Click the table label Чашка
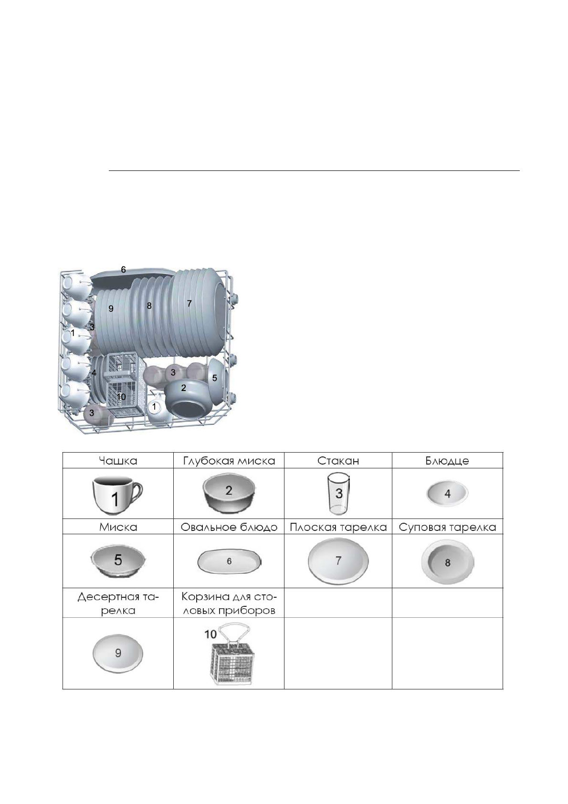click(x=118, y=461)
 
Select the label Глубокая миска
click(x=229, y=461)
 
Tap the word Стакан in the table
click(x=338, y=461)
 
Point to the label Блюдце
click(x=447, y=461)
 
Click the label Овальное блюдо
click(x=229, y=527)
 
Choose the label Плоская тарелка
click(x=338, y=527)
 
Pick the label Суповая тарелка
click(x=447, y=527)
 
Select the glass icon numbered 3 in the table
click(x=338, y=494)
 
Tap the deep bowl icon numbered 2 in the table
click(x=229, y=493)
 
